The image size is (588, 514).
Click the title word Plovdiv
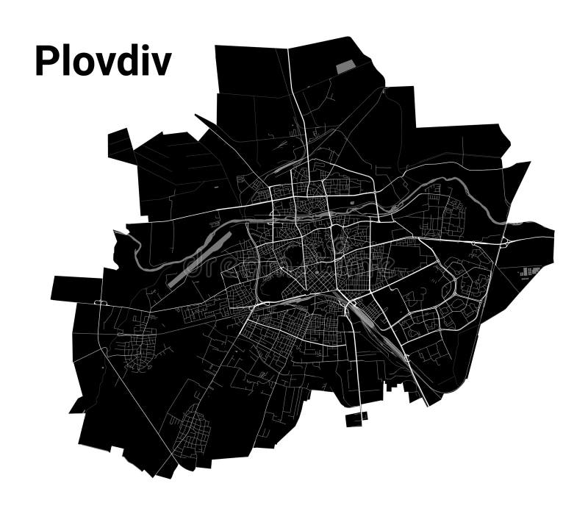pos(103,62)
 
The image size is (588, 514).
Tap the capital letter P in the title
pos(46,62)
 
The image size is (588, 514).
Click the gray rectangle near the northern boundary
pos(345,67)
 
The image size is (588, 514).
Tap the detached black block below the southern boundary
pos(356,418)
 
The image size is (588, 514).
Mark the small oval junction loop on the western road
pos(101,302)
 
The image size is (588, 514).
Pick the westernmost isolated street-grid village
pos(136,342)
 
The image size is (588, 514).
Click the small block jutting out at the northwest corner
pos(120,144)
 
